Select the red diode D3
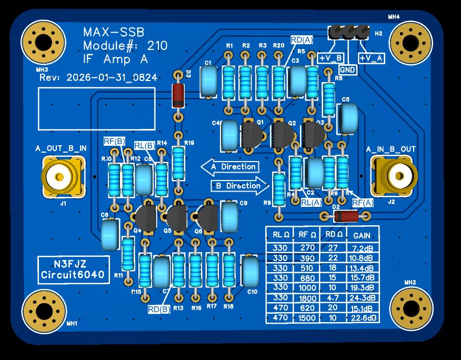coord(179,95)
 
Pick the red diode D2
coord(346,215)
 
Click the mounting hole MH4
coord(412,42)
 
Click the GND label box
coord(347,69)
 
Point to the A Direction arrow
coord(230,166)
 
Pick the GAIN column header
coord(362,235)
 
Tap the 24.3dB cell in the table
coord(363,297)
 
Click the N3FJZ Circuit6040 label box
coord(74,269)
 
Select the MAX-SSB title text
coord(114,33)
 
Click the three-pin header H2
coord(348,33)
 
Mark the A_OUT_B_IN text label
coord(61,149)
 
